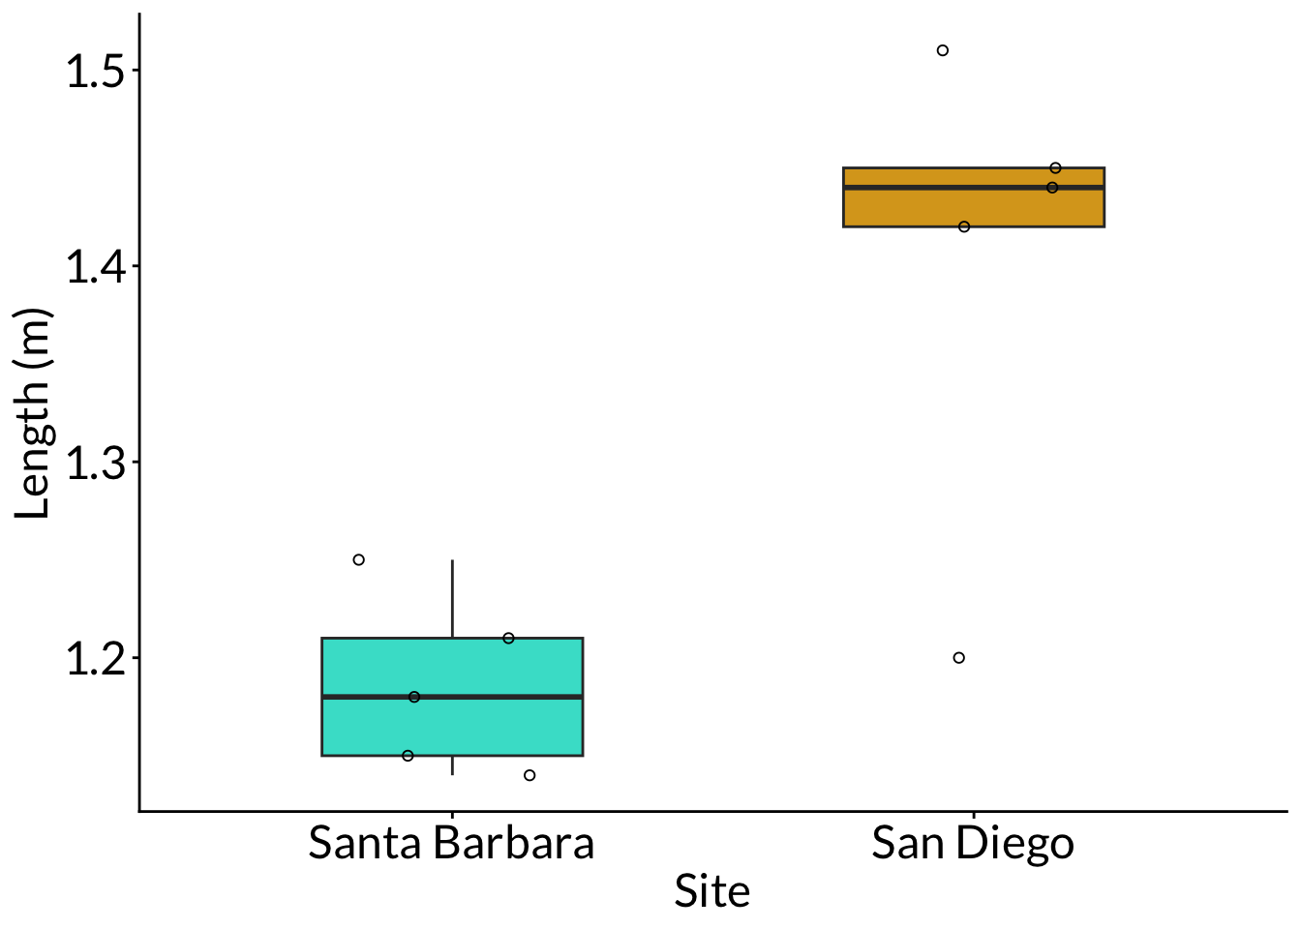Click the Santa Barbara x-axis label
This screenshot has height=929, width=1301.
(x=451, y=844)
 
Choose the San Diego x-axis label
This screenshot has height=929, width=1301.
(x=973, y=844)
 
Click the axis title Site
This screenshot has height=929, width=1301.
(x=711, y=892)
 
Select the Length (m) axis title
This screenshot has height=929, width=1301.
(x=33, y=414)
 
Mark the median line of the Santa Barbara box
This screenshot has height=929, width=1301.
(x=503, y=697)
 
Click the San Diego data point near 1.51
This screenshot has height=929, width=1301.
(x=942, y=50)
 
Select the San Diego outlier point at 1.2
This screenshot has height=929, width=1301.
(x=958, y=658)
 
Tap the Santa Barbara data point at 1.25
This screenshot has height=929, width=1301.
(x=358, y=559)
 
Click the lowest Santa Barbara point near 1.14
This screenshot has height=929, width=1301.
(x=529, y=775)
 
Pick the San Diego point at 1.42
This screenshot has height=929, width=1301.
(x=964, y=226)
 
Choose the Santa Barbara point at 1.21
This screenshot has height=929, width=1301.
(x=508, y=638)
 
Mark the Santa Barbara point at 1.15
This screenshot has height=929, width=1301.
(x=408, y=756)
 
